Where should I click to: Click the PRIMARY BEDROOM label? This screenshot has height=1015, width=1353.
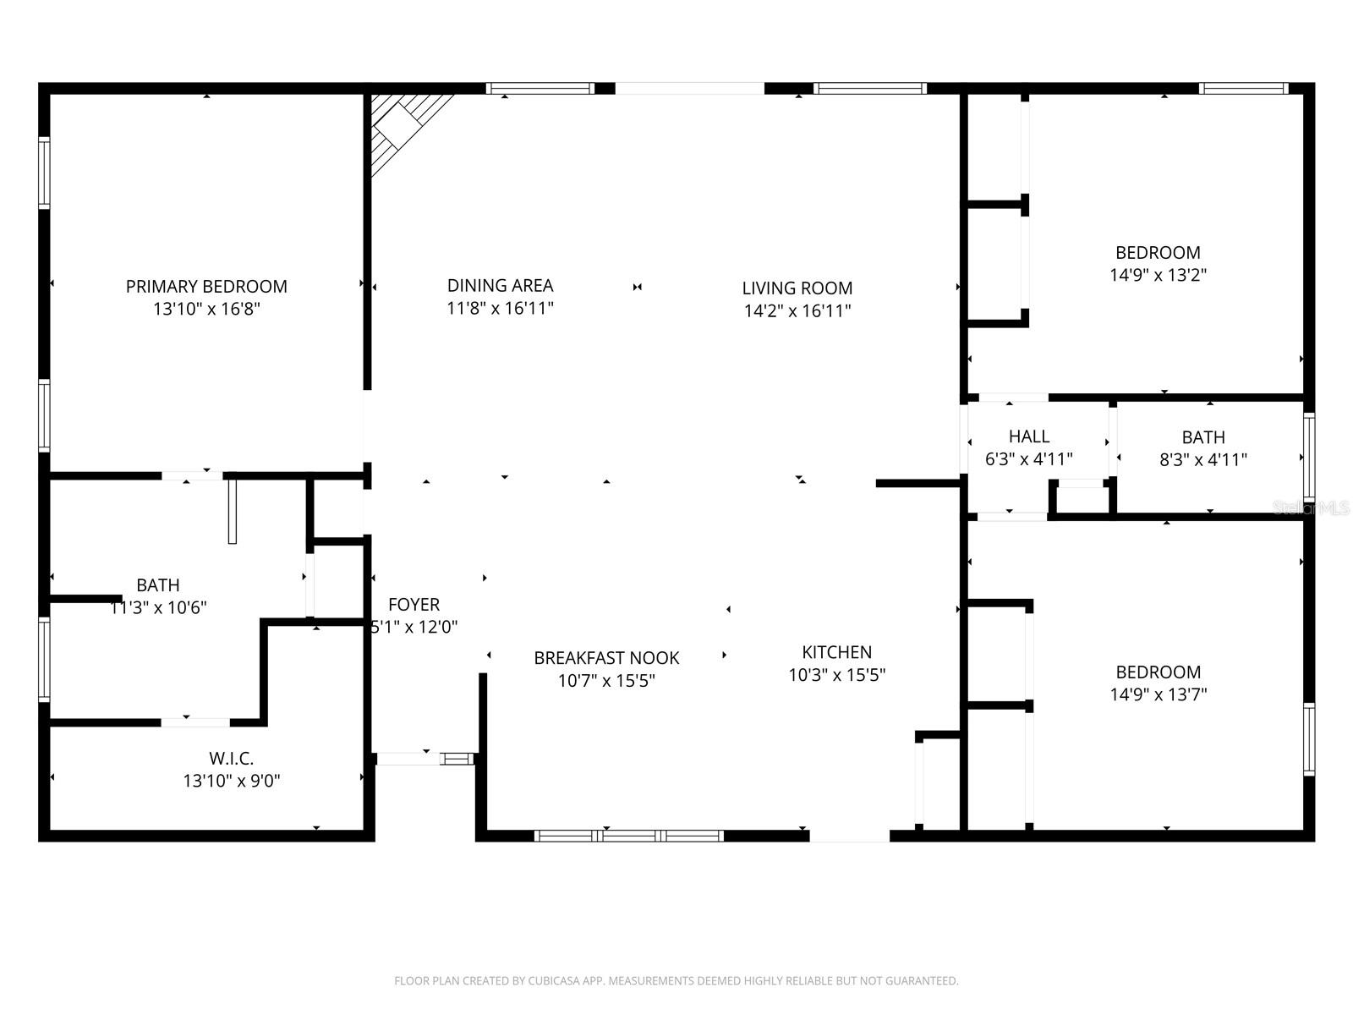206,287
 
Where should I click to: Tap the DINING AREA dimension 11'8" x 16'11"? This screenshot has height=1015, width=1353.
500,309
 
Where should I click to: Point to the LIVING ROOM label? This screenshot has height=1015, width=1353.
797,288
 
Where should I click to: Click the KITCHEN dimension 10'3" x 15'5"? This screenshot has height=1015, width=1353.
836,675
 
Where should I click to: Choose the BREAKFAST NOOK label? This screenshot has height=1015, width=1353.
606,658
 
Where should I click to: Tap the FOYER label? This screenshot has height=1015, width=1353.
414,605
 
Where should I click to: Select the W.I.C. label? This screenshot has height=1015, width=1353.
231,759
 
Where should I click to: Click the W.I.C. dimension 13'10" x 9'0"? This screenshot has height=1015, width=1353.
231,781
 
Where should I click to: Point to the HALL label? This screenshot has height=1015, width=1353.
1028,437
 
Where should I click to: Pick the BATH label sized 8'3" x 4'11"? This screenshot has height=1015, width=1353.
1202,437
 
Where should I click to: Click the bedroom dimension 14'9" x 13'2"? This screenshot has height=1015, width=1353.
1158,275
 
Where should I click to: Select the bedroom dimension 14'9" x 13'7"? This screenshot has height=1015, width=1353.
1158,694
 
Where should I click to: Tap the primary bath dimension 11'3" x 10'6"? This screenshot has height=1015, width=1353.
158,607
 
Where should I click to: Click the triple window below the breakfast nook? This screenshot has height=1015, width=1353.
628,836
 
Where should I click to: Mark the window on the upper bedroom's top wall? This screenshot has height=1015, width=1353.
1243,88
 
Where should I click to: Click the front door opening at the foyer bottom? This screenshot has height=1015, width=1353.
408,759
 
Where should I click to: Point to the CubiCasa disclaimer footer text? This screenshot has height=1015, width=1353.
676,981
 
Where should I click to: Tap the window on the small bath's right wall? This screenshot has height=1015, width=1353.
1309,457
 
